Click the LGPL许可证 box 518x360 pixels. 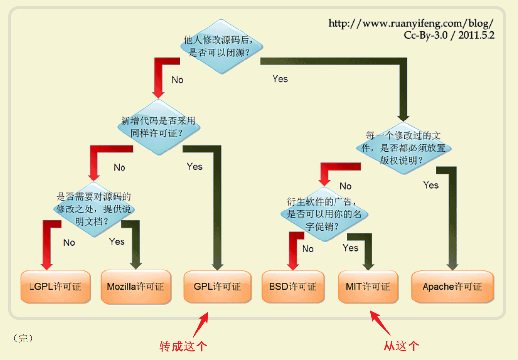click(55, 287)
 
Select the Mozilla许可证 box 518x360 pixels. click(135, 287)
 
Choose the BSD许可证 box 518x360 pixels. click(293, 287)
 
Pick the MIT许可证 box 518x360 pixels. click(368, 287)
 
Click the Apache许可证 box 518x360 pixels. click(452, 287)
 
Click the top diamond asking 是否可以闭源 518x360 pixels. click(221, 46)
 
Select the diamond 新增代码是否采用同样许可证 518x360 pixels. click(158, 127)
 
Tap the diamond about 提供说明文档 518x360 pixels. click(94, 209)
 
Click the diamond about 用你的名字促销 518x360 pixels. click(324, 214)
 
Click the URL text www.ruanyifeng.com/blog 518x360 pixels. click(411, 24)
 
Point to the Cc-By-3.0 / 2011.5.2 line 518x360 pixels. click(449, 36)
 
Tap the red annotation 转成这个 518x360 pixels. click(183, 346)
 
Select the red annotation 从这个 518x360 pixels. click(401, 346)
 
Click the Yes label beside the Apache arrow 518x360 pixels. click(431, 185)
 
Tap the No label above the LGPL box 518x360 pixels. click(69, 242)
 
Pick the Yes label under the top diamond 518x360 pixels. click(280, 79)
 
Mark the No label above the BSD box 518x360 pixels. click(308, 249)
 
